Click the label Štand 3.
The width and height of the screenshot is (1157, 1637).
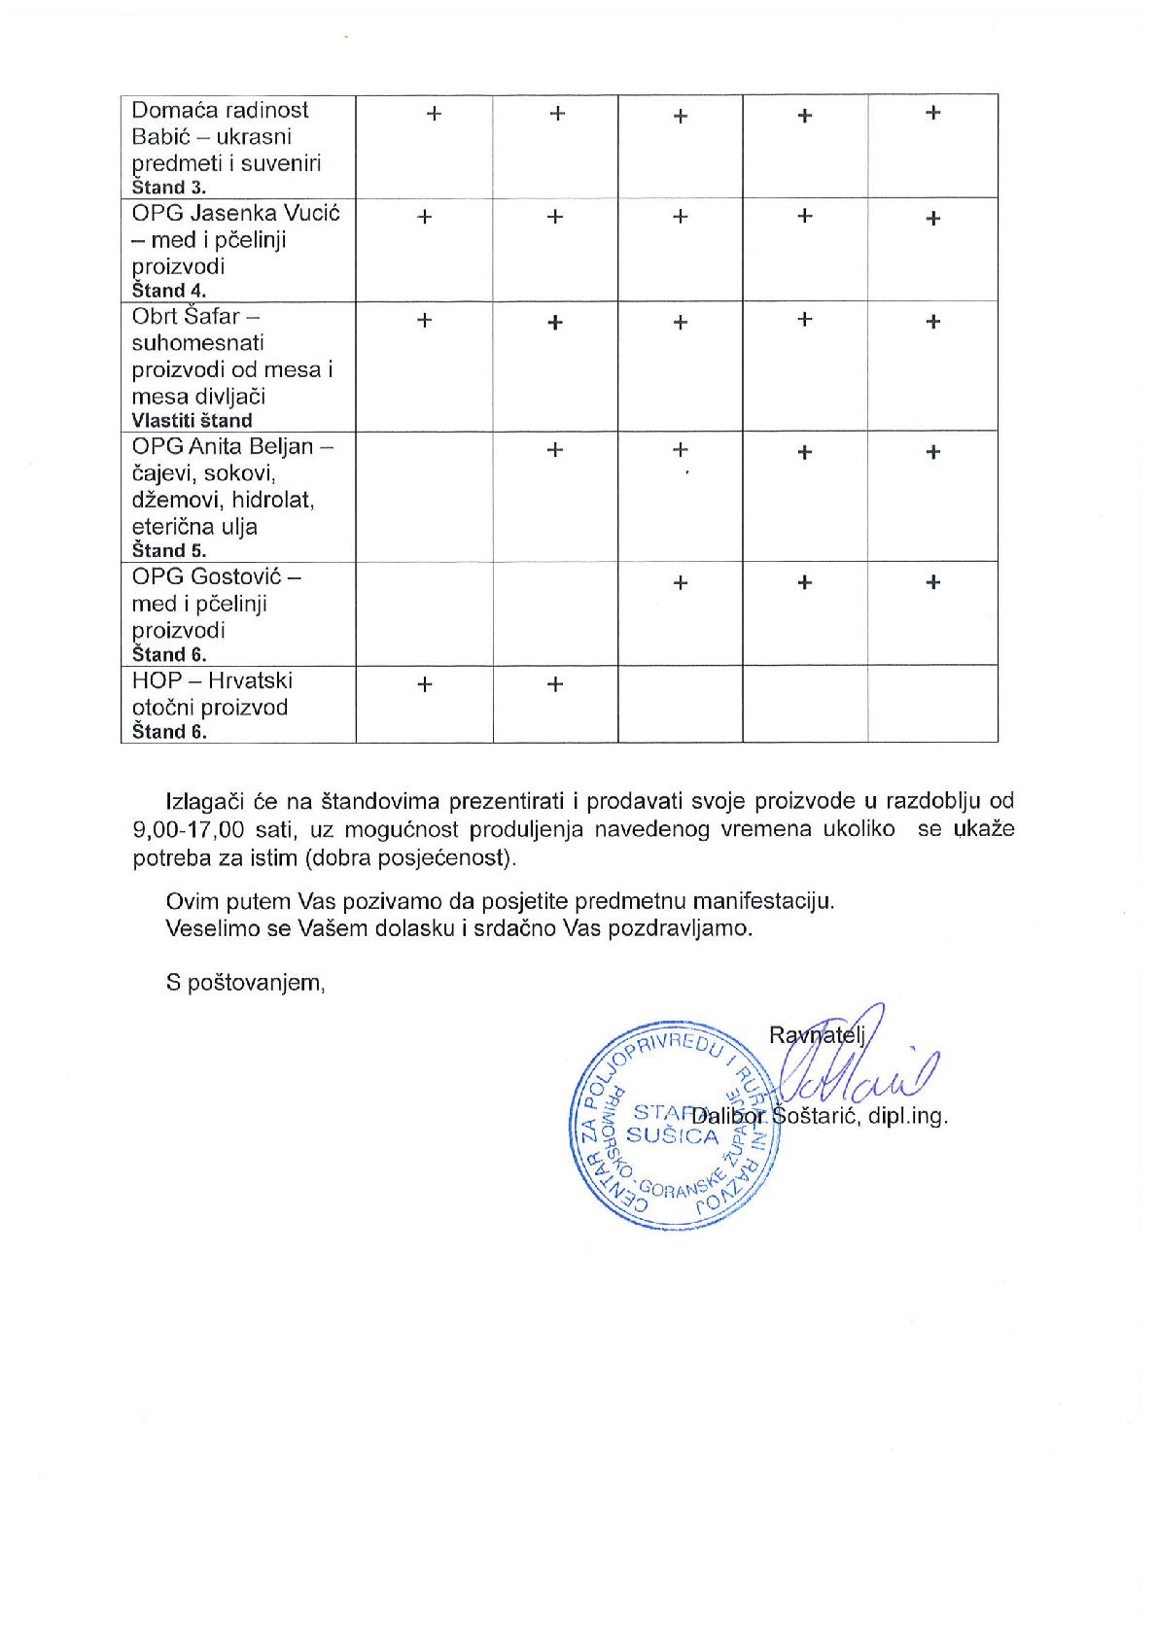pos(168,188)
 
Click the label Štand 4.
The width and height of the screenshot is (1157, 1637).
pos(168,291)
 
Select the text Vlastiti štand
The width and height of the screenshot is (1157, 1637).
pos(192,421)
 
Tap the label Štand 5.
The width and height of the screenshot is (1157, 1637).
pos(168,551)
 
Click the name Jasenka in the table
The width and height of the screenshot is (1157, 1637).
pos(233,213)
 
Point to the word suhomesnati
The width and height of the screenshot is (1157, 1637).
pos(197,343)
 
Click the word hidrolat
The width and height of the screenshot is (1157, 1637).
pos(272,500)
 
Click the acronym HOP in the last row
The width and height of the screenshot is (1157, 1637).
pos(157,680)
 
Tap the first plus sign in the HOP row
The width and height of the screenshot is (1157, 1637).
pos(424,684)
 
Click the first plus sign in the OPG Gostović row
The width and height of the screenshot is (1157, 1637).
pos(680,583)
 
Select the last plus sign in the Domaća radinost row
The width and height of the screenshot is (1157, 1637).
pos(932,113)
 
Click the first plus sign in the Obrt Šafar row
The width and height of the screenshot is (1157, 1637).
pos(424,320)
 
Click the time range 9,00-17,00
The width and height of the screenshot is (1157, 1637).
pos(189,830)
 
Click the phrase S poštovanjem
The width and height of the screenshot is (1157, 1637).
pos(245,983)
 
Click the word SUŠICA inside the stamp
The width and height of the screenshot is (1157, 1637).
pos(672,1135)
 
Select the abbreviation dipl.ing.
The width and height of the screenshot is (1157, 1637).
pos(907,1116)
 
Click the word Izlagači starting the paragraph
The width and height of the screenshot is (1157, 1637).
pos(206,802)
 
